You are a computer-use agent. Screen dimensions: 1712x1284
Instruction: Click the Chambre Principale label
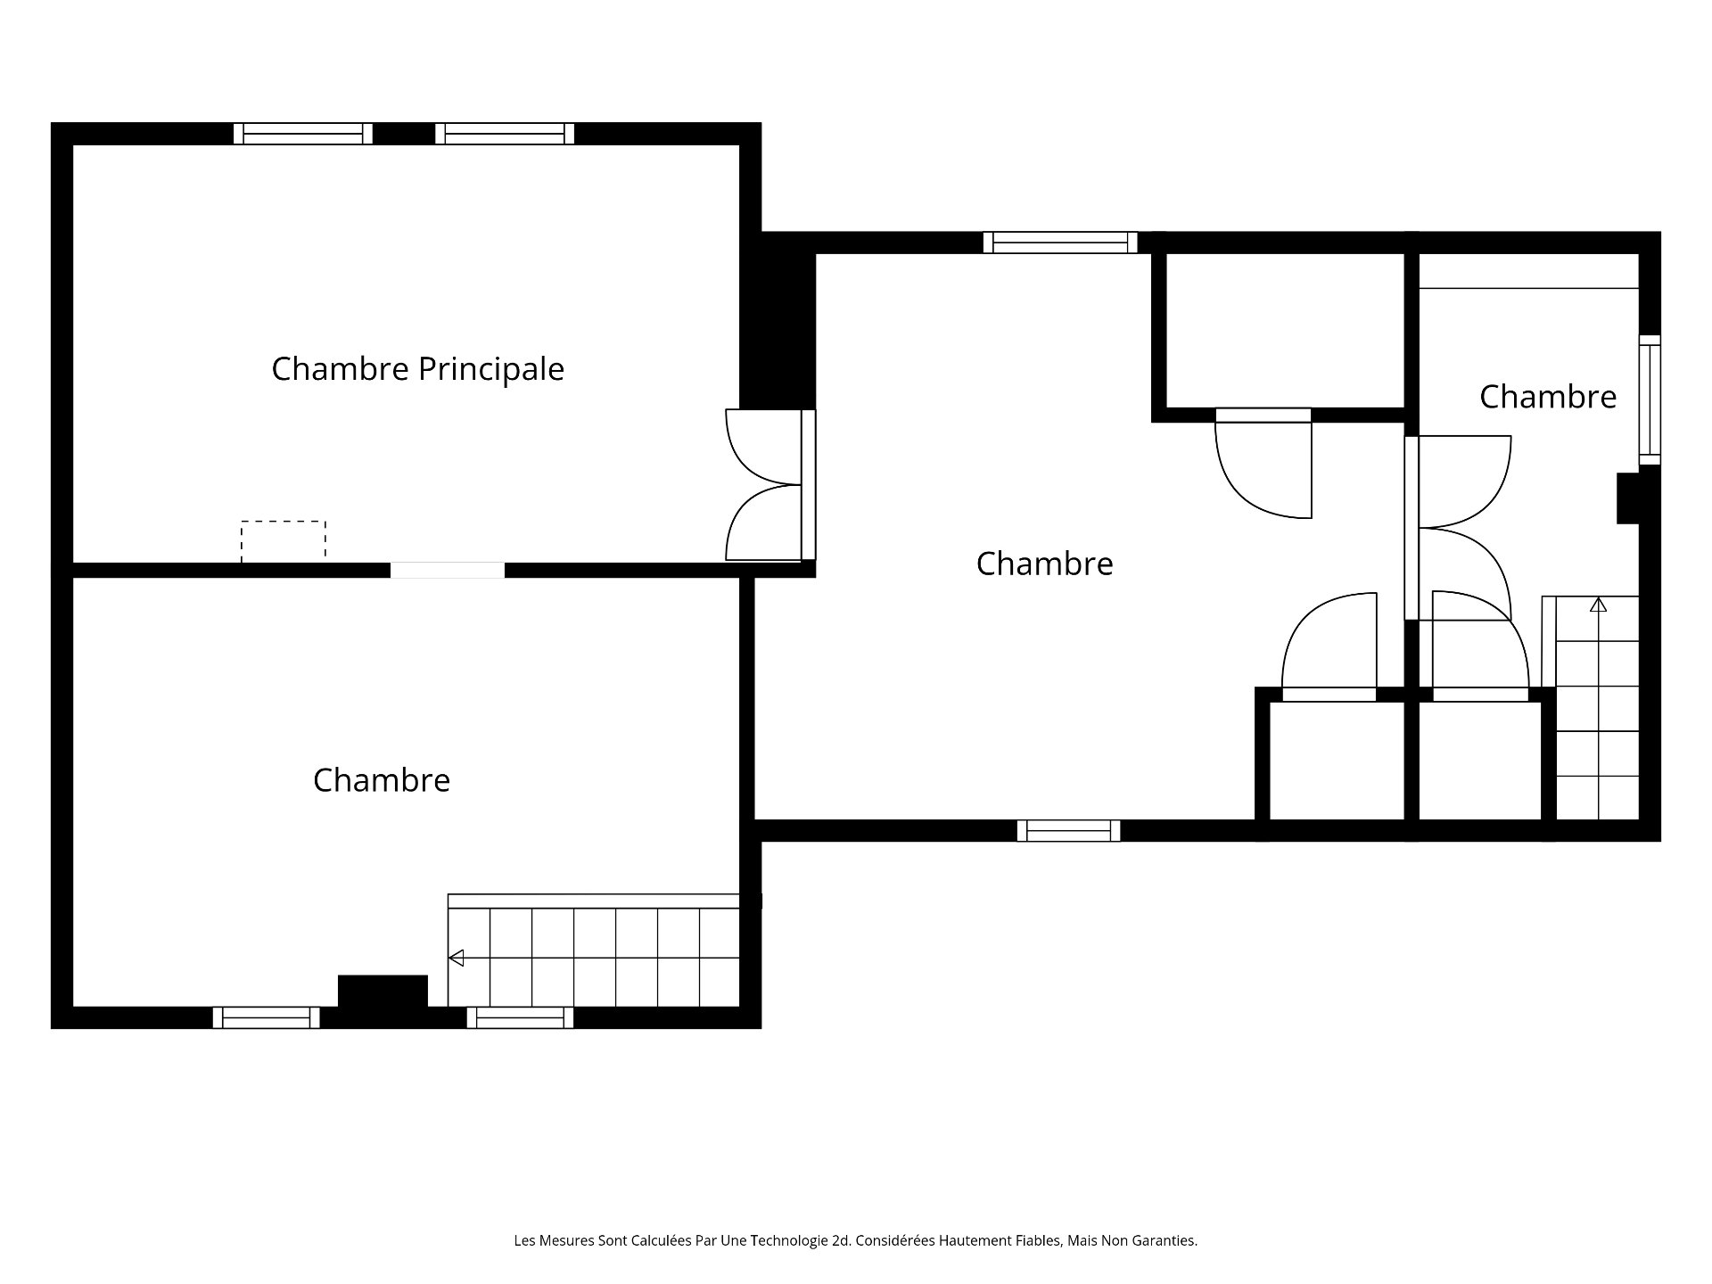(x=417, y=369)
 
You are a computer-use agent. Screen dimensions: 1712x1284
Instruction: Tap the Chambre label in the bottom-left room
(x=382, y=780)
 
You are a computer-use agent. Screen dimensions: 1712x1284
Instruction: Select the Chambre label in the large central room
(x=1045, y=564)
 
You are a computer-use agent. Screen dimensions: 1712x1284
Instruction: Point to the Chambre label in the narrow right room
(x=1548, y=397)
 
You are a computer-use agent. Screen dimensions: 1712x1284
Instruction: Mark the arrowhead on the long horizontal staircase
(x=457, y=959)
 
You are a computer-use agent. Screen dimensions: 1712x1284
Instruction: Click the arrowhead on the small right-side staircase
(x=1598, y=605)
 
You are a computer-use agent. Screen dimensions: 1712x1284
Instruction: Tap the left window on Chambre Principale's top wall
(x=303, y=134)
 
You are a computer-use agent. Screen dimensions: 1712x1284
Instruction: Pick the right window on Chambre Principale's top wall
(x=505, y=134)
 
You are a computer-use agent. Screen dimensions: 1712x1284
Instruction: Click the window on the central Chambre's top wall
(x=1061, y=243)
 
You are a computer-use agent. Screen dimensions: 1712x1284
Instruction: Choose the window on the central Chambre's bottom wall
(x=1068, y=831)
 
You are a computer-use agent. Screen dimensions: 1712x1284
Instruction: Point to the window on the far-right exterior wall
(x=1650, y=399)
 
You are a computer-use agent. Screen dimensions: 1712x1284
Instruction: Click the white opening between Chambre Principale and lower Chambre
(x=448, y=571)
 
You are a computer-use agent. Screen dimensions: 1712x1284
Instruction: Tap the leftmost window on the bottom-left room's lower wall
(x=266, y=1017)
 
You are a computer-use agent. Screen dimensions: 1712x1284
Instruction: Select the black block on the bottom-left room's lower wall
(x=383, y=992)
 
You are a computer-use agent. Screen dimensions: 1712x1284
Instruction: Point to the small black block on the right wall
(x=1629, y=498)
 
